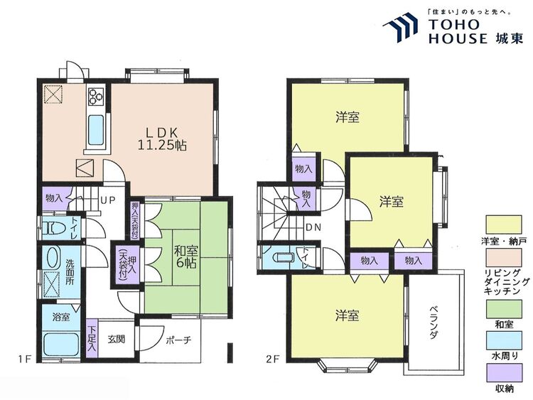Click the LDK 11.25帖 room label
(162, 139)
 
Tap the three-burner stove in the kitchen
(96, 96)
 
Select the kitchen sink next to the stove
(96, 130)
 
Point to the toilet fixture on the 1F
(51, 227)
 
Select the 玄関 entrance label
(116, 339)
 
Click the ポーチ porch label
(179, 340)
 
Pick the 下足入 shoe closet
(92, 338)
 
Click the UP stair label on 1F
(108, 200)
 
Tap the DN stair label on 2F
(313, 227)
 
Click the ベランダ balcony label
(433, 323)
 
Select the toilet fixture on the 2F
(283, 257)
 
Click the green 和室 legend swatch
(504, 309)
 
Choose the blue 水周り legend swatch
(504, 341)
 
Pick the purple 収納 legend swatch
(504, 373)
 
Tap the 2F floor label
(273, 359)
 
